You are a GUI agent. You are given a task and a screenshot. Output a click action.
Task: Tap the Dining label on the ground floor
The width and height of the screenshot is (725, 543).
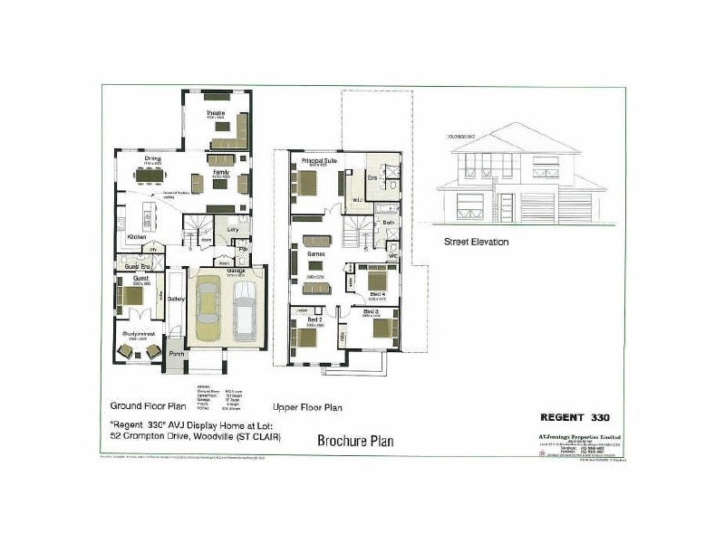coord(152,159)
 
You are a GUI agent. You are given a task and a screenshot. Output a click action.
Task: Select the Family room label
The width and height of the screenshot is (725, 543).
coord(220,170)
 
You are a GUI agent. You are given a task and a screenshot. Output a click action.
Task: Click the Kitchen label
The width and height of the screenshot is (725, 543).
coord(136,237)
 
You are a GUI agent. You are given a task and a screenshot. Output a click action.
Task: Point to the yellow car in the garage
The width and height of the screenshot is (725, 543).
coord(208,312)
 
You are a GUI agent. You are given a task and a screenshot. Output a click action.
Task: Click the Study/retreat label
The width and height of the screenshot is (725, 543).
coord(137,334)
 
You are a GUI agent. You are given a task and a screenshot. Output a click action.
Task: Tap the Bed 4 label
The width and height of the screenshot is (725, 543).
coord(377,270)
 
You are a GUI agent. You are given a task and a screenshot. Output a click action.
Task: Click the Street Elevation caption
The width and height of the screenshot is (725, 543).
coord(476,242)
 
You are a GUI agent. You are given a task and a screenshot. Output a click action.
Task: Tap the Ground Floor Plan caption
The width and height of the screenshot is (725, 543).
coord(147,406)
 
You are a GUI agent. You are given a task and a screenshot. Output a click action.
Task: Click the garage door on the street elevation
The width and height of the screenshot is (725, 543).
coord(581,206)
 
